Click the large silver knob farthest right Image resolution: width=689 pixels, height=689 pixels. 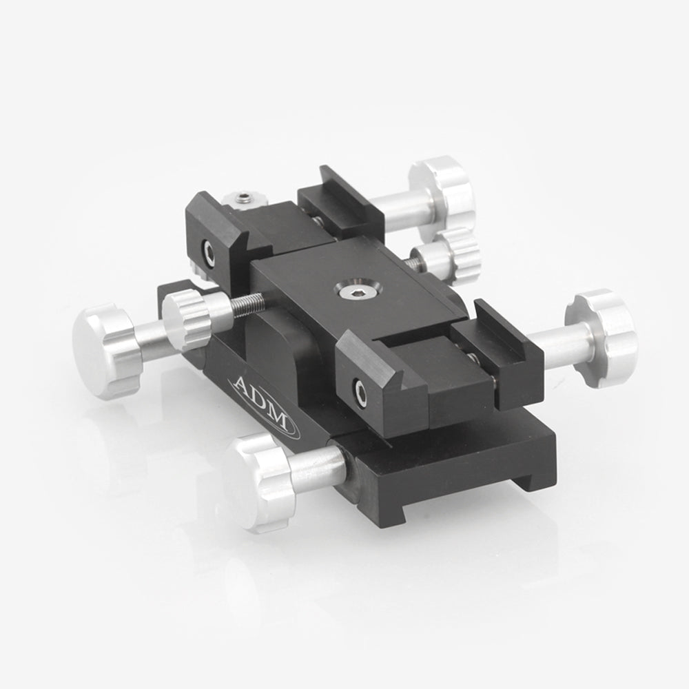[x=602, y=338]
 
